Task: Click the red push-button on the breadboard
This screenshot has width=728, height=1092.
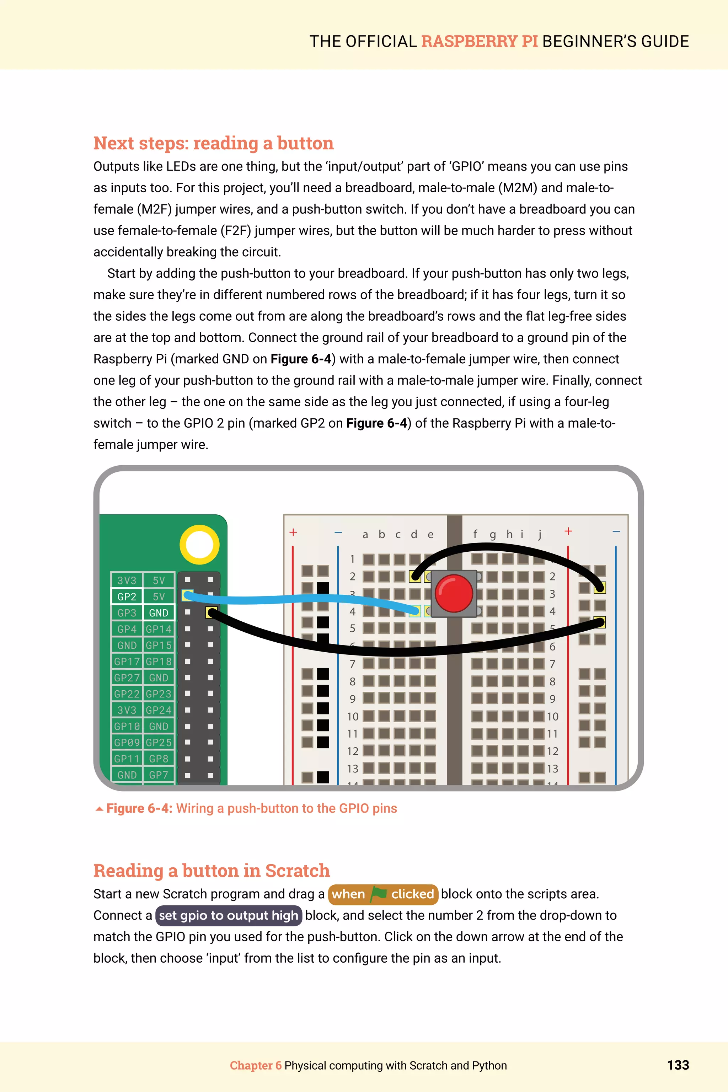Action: (x=454, y=593)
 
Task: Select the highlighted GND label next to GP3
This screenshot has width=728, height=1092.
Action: (x=158, y=613)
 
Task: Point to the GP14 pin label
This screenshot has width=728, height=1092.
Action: (x=158, y=629)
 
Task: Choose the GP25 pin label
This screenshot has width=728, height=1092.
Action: (x=158, y=742)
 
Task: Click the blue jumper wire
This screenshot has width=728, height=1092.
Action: (x=297, y=599)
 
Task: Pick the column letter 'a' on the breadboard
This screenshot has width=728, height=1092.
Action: (x=365, y=534)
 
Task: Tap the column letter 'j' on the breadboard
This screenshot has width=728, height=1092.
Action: (x=540, y=534)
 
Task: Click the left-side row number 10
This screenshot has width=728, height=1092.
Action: (x=352, y=716)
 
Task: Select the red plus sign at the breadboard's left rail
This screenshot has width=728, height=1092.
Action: (x=293, y=532)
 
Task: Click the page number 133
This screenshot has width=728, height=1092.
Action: (x=678, y=1065)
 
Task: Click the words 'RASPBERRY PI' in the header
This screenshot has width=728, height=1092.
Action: (x=479, y=41)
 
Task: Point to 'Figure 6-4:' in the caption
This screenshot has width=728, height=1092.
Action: (x=139, y=808)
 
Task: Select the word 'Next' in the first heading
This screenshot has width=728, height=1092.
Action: (x=114, y=143)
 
